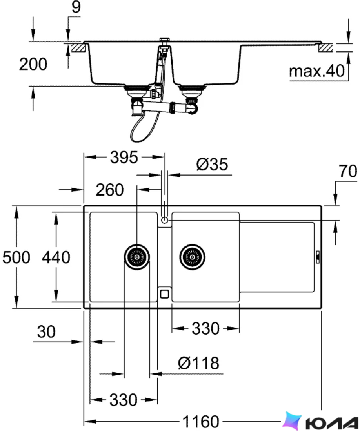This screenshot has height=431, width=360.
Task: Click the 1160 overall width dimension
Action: tap(201, 421)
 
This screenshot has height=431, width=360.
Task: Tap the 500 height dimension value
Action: tap(16, 257)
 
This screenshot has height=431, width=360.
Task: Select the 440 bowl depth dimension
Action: tap(56, 257)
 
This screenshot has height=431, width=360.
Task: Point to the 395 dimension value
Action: tap(124, 158)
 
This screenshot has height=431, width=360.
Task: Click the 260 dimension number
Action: tap(110, 190)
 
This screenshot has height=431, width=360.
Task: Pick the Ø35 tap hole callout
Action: tap(212, 165)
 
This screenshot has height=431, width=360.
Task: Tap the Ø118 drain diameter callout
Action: tap(198, 363)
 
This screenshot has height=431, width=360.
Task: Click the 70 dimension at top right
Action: tap(348, 171)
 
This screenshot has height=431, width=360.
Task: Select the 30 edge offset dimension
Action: tap(46, 332)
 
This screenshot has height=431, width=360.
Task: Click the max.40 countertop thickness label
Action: tap(317, 71)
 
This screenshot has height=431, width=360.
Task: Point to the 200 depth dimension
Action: tap(33, 64)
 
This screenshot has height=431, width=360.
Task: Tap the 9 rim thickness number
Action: tap(76, 7)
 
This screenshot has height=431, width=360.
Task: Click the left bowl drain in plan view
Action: tap(137, 257)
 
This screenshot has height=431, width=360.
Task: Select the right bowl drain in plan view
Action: tap(192, 257)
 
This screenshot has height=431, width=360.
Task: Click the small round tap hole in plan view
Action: tap(164, 220)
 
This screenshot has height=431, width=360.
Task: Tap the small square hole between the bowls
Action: tap(164, 293)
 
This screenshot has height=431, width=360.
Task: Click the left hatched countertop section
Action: tap(78, 47)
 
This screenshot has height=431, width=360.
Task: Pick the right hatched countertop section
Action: tap(326, 48)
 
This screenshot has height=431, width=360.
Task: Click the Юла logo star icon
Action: tap(293, 420)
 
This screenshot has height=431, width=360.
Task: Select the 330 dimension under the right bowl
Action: tap(205, 328)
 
